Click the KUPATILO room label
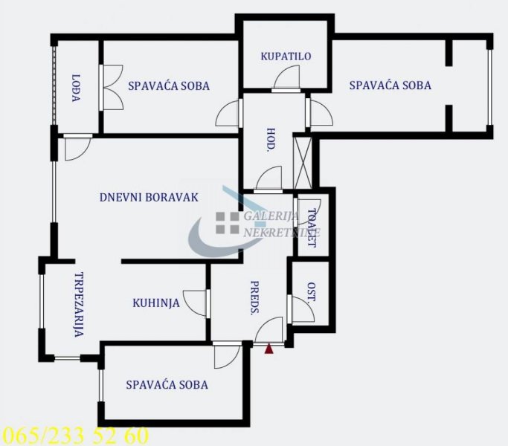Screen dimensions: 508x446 pyautogui.click(x=286, y=56)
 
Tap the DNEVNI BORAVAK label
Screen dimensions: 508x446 pyautogui.click(x=149, y=197)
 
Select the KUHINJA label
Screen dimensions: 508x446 pyautogui.click(x=156, y=303)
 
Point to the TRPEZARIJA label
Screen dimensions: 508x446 pyautogui.click(x=79, y=305)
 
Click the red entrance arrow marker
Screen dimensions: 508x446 pyautogui.click(x=269, y=349)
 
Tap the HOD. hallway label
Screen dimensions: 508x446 pyautogui.click(x=270, y=140)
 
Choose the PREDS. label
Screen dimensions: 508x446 pyautogui.click(x=254, y=298)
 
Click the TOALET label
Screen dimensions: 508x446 pyautogui.click(x=312, y=228)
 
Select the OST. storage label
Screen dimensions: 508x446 pyautogui.click(x=312, y=291)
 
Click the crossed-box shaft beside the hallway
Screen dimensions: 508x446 pyautogui.click(x=302, y=163)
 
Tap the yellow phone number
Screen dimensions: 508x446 pyautogui.click(x=75, y=436)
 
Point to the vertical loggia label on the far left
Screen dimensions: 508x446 pyautogui.click(x=76, y=88)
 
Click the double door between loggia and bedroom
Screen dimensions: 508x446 pyautogui.click(x=112, y=88)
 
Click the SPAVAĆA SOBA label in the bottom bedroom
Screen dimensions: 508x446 pyautogui.click(x=167, y=385)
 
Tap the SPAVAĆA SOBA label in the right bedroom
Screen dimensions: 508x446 pyautogui.click(x=390, y=85)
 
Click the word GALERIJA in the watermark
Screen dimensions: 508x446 pyautogui.click(x=271, y=216)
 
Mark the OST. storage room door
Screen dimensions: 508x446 pyautogui.click(x=300, y=309)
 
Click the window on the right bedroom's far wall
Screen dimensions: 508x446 pyautogui.click(x=490, y=87)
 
